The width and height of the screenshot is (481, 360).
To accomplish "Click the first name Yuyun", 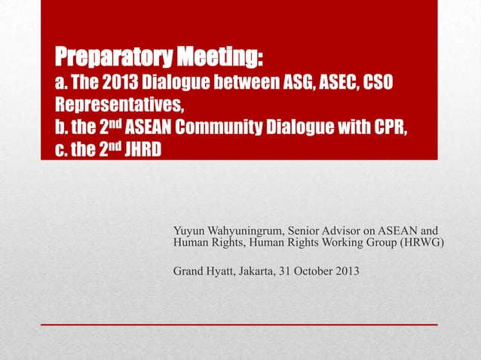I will (189, 230).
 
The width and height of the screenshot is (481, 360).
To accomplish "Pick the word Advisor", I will (356, 230).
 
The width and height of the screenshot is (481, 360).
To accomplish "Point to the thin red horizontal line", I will (239, 325).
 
